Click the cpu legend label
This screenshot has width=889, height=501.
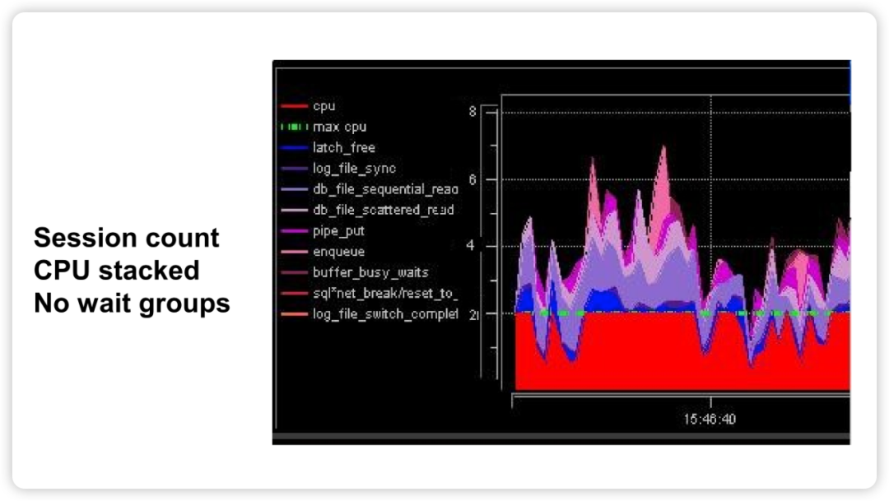[x=323, y=106]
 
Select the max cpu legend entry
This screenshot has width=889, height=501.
[x=340, y=127]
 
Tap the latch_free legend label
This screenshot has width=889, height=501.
[x=343, y=147]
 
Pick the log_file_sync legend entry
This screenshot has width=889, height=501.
[x=354, y=169]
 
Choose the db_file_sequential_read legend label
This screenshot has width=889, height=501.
[x=385, y=189]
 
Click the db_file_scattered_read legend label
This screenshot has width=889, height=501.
[x=384, y=210]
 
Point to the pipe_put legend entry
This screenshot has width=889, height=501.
[x=338, y=230]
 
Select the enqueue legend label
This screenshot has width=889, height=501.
[x=338, y=252]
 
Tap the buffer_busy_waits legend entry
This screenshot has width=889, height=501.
[x=370, y=272]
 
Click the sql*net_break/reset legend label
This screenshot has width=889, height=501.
[x=385, y=293]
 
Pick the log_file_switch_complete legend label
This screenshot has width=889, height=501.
[x=385, y=314]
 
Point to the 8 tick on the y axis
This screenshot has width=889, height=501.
[x=472, y=112]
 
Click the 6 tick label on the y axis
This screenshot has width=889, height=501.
[x=472, y=179]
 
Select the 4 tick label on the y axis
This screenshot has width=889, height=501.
[x=470, y=245]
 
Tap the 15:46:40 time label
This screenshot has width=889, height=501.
[x=710, y=419]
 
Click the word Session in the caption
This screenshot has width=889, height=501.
[x=83, y=238]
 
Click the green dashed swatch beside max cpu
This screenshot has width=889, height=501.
[x=294, y=127]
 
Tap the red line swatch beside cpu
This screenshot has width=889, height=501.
[x=294, y=106]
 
